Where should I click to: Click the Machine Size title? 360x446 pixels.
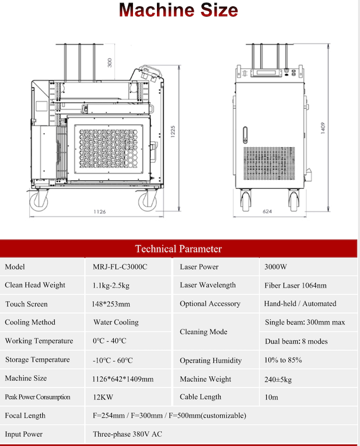(x=178, y=11)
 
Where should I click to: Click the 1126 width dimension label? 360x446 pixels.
(x=99, y=211)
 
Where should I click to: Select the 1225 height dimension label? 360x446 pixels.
(x=173, y=132)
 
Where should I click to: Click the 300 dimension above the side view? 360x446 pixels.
(x=109, y=62)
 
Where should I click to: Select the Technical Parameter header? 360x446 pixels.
(x=178, y=249)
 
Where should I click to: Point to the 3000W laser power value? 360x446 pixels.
(x=276, y=267)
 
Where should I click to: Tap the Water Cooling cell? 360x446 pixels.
(x=116, y=322)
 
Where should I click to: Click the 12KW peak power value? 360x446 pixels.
(x=103, y=397)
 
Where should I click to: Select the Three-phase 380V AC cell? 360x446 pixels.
(x=127, y=434)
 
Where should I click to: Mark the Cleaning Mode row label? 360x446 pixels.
(x=204, y=332)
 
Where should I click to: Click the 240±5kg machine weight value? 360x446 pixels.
(x=278, y=379)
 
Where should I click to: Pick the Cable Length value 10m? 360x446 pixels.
(x=271, y=397)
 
